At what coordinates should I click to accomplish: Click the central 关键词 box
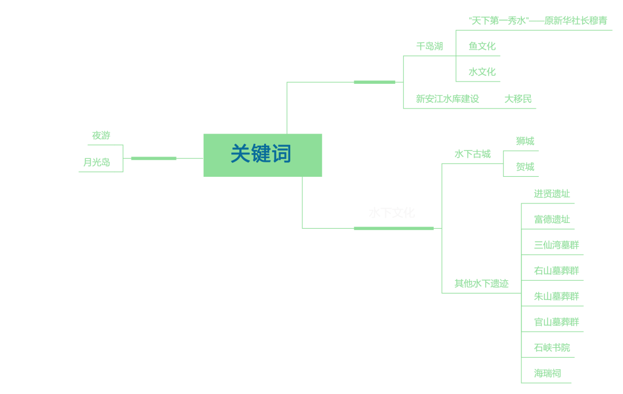tap(262, 155)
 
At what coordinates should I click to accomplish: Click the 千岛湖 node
tap(429, 46)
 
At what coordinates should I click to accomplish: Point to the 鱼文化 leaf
tap(482, 46)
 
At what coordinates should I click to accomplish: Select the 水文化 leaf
tap(482, 72)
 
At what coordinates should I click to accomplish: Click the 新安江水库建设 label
tap(447, 99)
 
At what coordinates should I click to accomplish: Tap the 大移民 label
tap(518, 99)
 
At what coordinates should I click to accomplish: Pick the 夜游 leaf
tap(101, 136)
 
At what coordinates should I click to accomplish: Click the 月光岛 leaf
tap(96, 162)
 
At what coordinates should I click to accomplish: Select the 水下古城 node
tap(472, 154)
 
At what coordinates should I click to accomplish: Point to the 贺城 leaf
tap(525, 167)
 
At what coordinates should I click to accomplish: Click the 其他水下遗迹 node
tap(481, 284)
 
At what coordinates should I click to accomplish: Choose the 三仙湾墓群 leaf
tap(556, 245)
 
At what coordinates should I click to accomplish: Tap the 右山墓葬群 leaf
tap(556, 270)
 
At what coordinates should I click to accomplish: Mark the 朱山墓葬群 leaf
tap(556, 296)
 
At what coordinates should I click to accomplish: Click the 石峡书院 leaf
tap(551, 348)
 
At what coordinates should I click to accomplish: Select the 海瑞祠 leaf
tap(547, 373)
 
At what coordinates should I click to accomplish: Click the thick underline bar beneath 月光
tap(153, 158)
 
